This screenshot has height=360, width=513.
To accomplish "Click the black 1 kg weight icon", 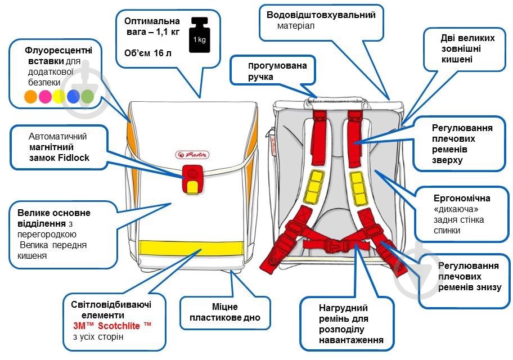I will [x=199, y=37].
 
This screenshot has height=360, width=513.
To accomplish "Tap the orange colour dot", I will [x=30, y=97].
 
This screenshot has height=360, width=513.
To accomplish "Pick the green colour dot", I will [x=87, y=97].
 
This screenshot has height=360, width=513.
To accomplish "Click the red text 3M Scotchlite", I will [x=112, y=326].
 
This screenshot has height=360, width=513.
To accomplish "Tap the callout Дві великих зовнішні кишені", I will [x=467, y=48].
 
